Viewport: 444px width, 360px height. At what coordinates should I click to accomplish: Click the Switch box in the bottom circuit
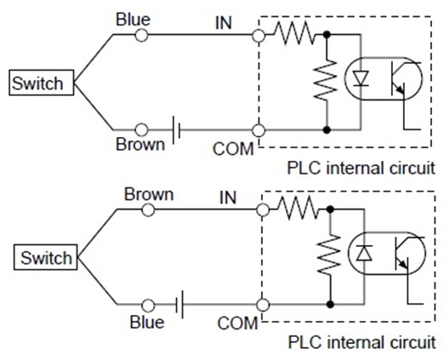click(x=47, y=256)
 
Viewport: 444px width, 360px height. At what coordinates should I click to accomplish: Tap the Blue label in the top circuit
click(x=135, y=17)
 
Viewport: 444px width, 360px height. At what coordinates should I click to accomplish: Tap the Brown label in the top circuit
click(x=140, y=145)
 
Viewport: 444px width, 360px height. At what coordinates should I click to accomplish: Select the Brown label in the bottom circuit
click(x=149, y=193)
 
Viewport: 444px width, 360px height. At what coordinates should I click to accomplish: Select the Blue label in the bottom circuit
click(x=147, y=322)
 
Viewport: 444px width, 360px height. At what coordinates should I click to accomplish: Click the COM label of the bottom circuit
click(x=238, y=323)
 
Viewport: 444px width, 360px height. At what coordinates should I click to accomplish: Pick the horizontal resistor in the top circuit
click(x=294, y=35)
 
